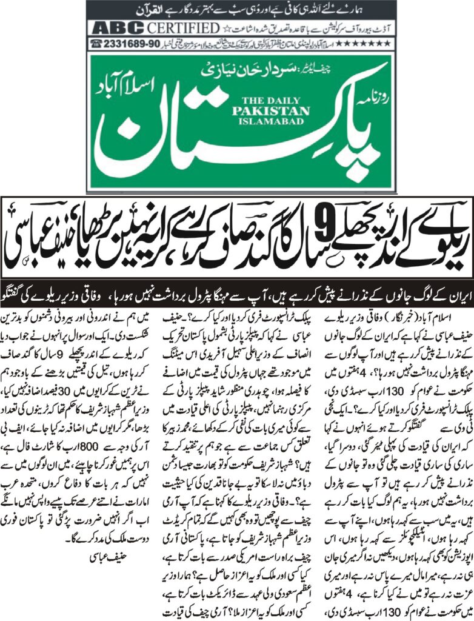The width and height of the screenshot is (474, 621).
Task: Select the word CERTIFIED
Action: coord(184,28)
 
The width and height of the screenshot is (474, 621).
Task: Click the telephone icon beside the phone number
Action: coord(96,44)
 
